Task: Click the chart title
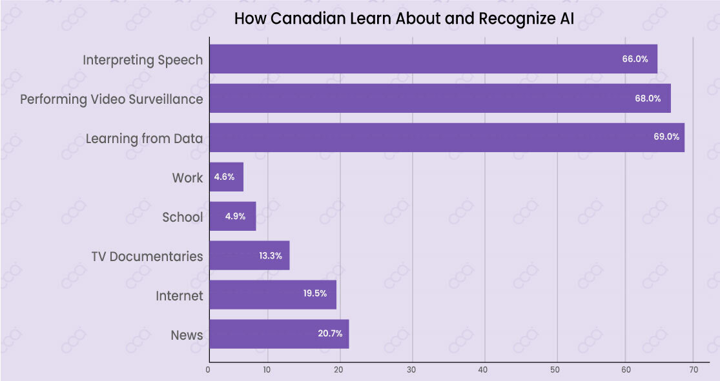click(x=404, y=19)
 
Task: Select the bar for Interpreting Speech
click(x=433, y=59)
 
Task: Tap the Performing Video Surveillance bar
click(x=440, y=99)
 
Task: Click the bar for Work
click(x=227, y=177)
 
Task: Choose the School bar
click(x=232, y=217)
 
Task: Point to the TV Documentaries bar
click(x=249, y=256)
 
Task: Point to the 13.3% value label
click(x=271, y=256)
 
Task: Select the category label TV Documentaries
click(x=147, y=256)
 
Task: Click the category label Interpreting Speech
click(x=143, y=60)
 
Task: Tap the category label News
click(x=187, y=335)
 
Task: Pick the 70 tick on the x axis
click(x=694, y=370)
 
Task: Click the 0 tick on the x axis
click(x=208, y=370)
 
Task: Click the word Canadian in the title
click(x=302, y=19)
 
